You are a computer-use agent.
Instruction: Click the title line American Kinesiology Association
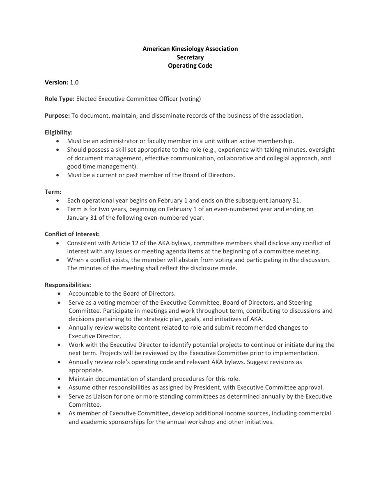pyautogui.click(x=190, y=49)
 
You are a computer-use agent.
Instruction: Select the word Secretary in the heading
pyautogui.click(x=190, y=57)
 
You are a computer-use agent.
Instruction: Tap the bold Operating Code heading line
pyautogui.click(x=190, y=66)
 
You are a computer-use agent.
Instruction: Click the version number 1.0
pyautogui.click(x=74, y=82)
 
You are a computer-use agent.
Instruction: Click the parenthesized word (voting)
pyautogui.click(x=190, y=99)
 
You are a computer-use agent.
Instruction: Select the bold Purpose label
pyautogui.click(x=57, y=116)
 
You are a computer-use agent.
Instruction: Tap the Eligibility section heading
pyautogui.click(x=59, y=132)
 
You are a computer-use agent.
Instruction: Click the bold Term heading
pyautogui.click(x=53, y=192)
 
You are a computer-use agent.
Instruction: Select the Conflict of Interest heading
pyautogui.click(x=72, y=234)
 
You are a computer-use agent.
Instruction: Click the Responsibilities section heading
pyautogui.click(x=68, y=285)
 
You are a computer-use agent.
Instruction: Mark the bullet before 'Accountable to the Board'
pyautogui.click(x=60, y=294)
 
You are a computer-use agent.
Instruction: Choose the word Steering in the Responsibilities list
pyautogui.click(x=301, y=303)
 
